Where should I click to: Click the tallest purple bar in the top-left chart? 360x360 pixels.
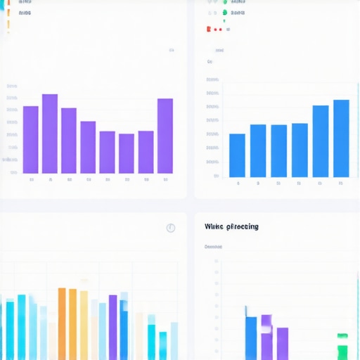tap(50, 134)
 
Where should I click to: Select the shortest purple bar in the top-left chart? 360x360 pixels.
tap(127, 153)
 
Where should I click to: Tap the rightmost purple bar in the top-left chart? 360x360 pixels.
tap(165, 136)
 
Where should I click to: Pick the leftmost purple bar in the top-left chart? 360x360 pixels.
tap(31, 139)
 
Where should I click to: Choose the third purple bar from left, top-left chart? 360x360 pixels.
tap(69, 140)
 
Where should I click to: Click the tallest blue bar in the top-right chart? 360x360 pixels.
tap(341, 139)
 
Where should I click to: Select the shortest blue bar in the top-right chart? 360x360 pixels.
tap(238, 155)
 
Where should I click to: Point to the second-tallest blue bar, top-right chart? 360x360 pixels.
tap(321, 141)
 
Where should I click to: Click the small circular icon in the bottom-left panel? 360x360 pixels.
tap(170, 228)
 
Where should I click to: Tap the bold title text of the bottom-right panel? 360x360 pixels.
tap(231, 226)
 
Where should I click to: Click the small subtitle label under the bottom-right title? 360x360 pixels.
tap(213, 247)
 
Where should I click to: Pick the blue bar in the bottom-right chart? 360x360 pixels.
tap(251, 337)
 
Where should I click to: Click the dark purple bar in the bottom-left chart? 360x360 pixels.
tap(113, 327)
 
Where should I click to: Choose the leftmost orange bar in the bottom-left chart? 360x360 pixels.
tap(62, 323)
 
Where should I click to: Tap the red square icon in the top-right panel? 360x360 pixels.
tap(209, 29)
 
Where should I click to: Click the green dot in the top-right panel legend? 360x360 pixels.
tap(225, 12)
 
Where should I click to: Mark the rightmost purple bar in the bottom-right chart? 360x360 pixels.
tap(282, 343)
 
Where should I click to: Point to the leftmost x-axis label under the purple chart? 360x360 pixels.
tap(32, 180)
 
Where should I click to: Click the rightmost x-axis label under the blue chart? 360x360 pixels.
tap(341, 184)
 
